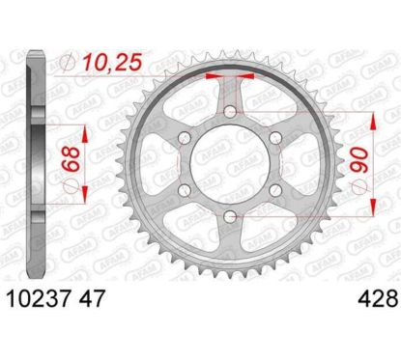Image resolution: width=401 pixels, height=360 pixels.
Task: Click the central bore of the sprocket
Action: coord(231,168)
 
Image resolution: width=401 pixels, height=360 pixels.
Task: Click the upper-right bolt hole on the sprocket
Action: coord(276,141)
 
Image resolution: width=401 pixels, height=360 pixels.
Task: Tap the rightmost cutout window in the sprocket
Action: coord(302,168)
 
